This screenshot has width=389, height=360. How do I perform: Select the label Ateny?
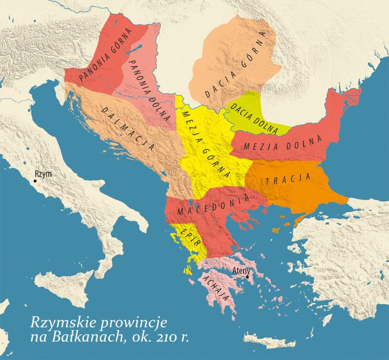pyautogui.click(x=242, y=270)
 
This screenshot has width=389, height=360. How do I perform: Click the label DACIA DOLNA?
pyautogui.click(x=250, y=113)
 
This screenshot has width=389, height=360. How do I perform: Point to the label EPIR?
pyautogui.click(x=187, y=237)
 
